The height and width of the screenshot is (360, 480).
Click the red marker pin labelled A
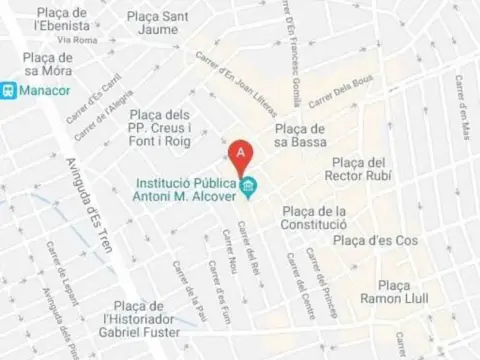click(x=241, y=155)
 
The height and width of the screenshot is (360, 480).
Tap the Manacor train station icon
click(x=8, y=89)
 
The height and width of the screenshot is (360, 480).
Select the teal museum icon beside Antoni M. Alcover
click(x=248, y=185)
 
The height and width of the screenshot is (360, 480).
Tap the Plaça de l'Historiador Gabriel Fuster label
click(x=139, y=319)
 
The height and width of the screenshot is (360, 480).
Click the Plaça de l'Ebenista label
click(x=64, y=20)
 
